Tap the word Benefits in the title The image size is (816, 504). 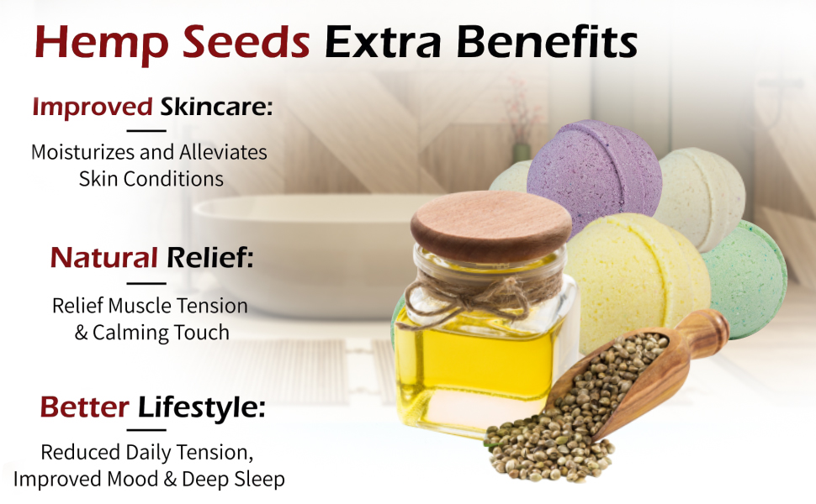click(x=546, y=42)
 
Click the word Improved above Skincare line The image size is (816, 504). click(x=93, y=108)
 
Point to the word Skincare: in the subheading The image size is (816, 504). click(x=217, y=108)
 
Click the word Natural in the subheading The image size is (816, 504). click(x=104, y=257)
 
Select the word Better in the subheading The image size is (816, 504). click(x=84, y=407)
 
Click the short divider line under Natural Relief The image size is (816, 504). click(x=146, y=282)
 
